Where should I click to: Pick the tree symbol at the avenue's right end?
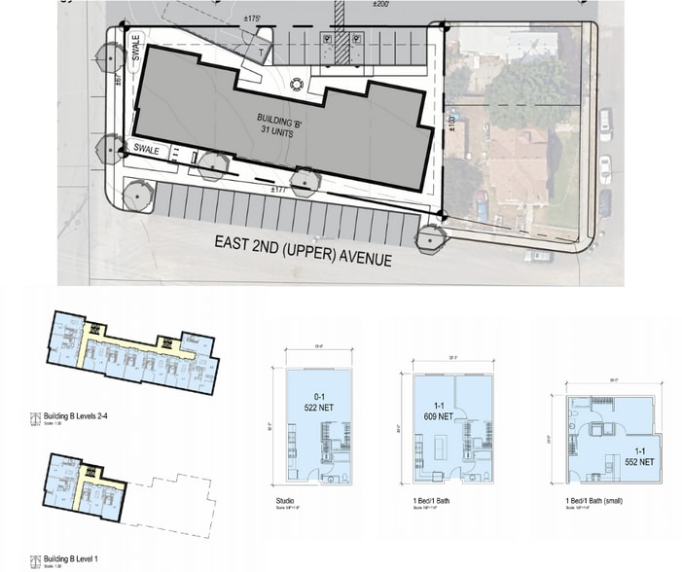[428, 237]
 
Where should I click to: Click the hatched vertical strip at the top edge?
[341, 14]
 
